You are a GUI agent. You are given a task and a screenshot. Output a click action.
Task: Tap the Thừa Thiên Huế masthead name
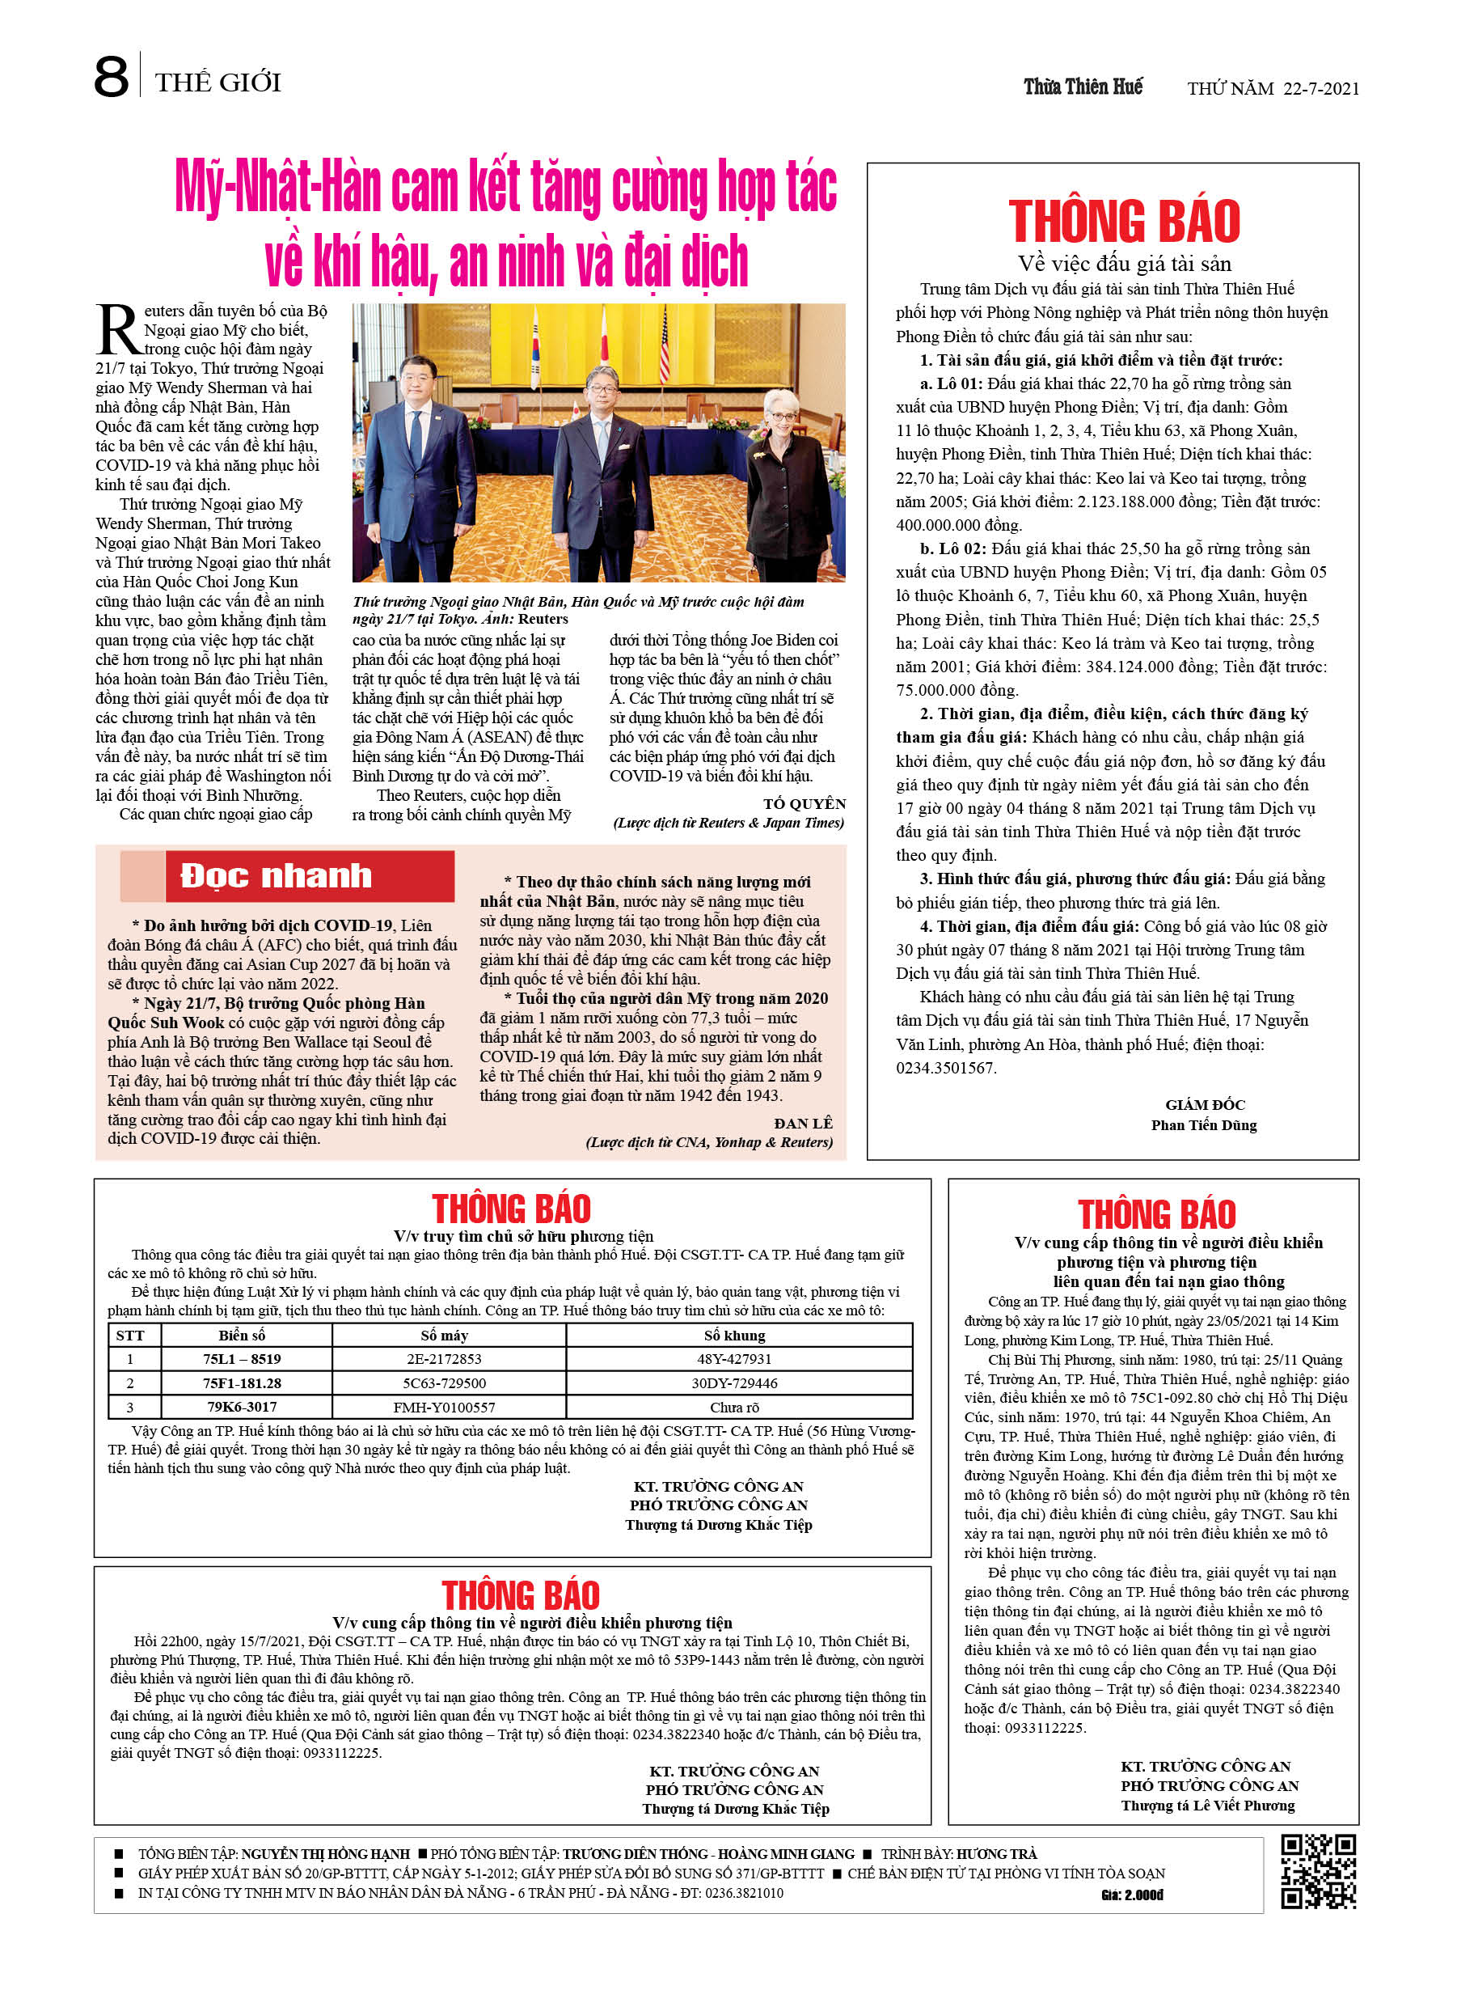point(1083,87)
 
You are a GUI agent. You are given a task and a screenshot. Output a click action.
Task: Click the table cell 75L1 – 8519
point(242,1359)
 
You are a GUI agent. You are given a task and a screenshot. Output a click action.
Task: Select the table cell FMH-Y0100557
point(444,1407)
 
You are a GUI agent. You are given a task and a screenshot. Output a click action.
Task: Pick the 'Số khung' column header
point(734,1336)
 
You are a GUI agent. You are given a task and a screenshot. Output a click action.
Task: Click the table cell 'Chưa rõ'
point(734,1407)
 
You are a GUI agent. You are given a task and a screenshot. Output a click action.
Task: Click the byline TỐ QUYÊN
point(805,803)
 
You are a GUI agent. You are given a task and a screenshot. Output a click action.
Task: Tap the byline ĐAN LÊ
point(803,1123)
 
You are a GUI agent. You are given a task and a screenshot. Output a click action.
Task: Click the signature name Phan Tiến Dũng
point(1203,1124)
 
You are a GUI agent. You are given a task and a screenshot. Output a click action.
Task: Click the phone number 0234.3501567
point(946,1068)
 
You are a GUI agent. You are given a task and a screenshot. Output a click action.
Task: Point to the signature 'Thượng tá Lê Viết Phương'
point(1207,1806)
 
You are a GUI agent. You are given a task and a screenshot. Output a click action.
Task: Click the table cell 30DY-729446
point(734,1383)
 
